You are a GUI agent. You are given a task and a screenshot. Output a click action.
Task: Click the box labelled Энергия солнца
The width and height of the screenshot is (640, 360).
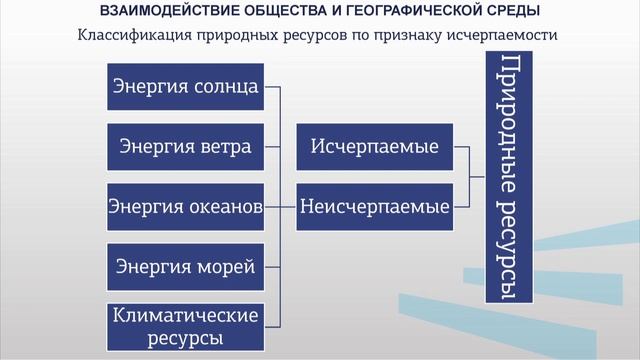point(185,87)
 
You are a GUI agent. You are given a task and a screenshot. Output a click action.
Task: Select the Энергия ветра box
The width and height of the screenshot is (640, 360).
point(185,147)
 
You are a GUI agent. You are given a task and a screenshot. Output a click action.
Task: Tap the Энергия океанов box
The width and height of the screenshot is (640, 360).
point(185,207)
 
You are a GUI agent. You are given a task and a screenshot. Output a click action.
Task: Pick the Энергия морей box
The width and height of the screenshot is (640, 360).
point(185,267)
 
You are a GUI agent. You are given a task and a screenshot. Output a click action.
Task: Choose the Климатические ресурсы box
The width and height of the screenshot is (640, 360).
point(185,326)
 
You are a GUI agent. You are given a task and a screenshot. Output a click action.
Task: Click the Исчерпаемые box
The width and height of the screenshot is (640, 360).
point(375,147)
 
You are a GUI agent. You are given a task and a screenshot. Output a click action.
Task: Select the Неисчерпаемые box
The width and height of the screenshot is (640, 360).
point(375,207)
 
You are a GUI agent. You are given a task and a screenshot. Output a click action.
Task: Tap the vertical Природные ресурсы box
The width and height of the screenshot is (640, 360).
point(508,180)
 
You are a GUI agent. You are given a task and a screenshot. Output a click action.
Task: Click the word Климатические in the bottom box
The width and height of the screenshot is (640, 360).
point(185,315)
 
